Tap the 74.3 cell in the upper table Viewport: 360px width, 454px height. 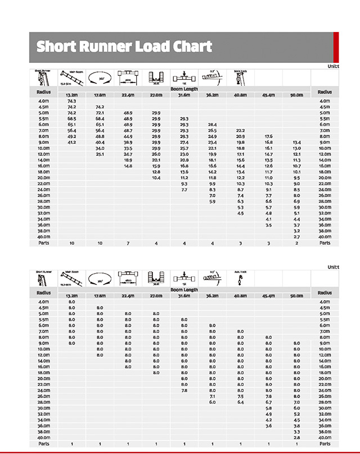[71, 101]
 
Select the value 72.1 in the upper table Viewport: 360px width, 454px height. [100, 113]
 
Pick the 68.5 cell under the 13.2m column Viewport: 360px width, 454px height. [71, 119]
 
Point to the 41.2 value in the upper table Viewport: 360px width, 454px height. [71, 143]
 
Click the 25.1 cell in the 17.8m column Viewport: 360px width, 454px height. [100, 154]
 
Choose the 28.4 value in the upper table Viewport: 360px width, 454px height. [212, 125]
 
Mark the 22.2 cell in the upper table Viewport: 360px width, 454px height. [240, 130]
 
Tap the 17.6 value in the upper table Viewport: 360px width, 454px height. [268, 137]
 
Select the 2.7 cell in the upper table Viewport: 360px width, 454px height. [296, 237]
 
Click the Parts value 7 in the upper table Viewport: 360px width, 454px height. [128, 243]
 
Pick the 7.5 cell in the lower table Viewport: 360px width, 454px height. [240, 396]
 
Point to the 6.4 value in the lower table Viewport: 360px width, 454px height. [240, 402]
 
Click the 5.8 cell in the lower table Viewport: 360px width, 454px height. [268, 408]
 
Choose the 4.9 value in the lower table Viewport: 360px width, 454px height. [268, 414]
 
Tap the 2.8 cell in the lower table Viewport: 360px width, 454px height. [296, 438]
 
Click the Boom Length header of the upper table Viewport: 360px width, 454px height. [184, 89]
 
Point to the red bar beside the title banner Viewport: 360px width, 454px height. [336, 47]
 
